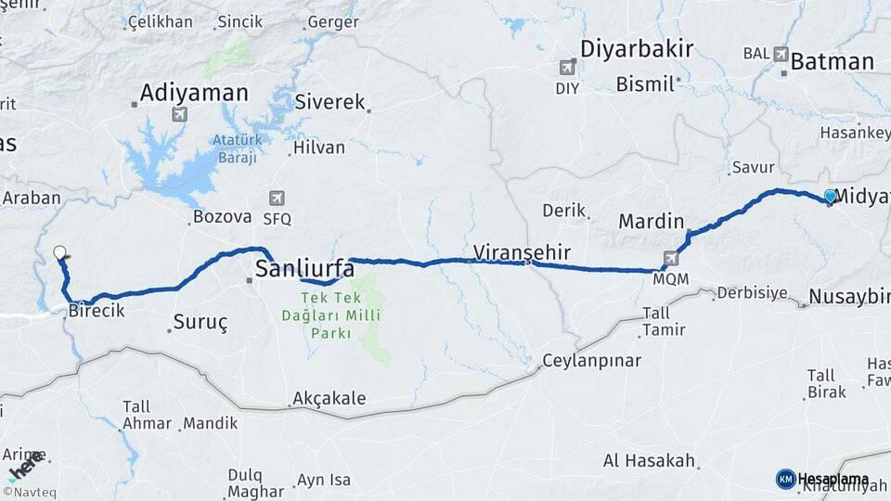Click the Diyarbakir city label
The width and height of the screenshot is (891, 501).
click(637, 49)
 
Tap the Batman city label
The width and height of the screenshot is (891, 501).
click(832, 62)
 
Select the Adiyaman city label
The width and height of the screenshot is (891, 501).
click(194, 93)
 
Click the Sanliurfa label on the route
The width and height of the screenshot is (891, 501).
click(304, 269)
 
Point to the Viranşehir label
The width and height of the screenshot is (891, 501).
click(521, 251)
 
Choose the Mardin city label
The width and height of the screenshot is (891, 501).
click(651, 223)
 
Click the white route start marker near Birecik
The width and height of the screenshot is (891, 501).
click(60, 252)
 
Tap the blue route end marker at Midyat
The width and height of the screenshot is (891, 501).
click(830, 196)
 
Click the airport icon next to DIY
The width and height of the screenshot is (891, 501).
click(567, 67)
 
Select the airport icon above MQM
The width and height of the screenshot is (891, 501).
click(671, 258)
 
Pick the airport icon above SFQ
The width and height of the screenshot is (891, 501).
click(277, 198)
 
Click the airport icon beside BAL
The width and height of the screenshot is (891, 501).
click(780, 54)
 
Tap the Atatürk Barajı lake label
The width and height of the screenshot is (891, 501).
click(234, 149)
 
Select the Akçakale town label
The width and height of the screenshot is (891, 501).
click(329, 399)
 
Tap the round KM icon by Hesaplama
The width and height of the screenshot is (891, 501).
click(785, 479)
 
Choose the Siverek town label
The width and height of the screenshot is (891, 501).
click(330, 102)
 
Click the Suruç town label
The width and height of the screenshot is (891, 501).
click(200, 323)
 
